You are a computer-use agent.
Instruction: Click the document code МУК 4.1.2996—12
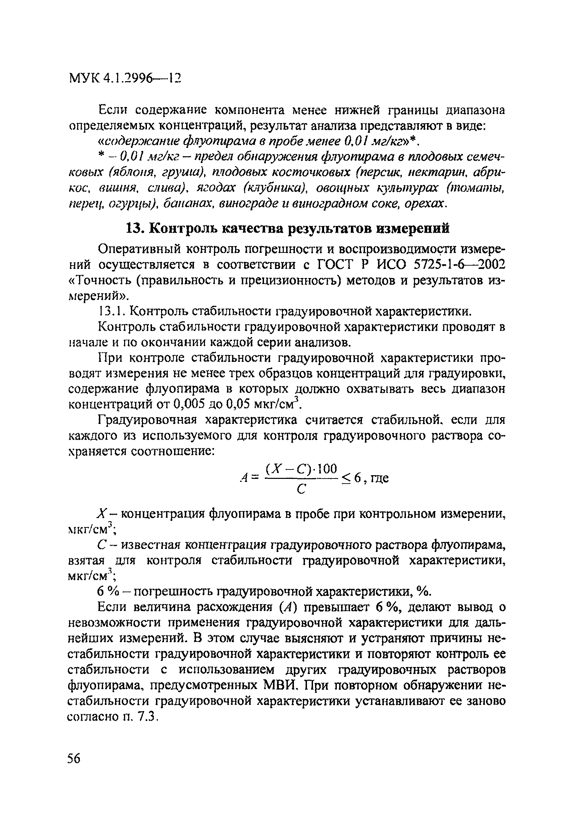click(125, 78)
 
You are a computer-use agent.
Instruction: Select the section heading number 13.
click(135, 228)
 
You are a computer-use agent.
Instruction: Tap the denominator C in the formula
click(301, 489)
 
